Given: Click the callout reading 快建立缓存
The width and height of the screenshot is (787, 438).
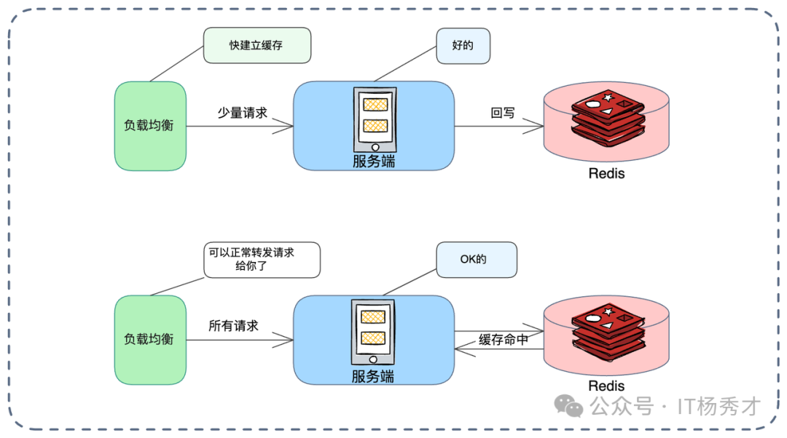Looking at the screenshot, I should pos(257,45).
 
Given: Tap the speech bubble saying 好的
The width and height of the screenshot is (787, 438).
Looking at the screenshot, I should pos(463,45).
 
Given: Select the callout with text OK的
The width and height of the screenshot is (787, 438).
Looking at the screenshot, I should pos(477,260).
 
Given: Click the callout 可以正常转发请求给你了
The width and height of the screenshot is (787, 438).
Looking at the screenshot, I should pos(262,260).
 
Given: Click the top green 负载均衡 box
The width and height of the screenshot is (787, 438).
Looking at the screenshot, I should pos(149,126).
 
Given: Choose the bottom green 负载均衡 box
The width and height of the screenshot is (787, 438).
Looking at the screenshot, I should pos(149,340).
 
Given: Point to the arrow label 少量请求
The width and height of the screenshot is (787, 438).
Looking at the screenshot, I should pos(243,114).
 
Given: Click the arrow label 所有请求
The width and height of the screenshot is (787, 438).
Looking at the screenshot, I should pos(233,326).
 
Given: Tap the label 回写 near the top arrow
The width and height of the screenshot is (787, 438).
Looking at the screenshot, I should pos(503,114).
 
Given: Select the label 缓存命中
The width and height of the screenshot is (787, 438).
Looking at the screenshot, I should pos(504,340).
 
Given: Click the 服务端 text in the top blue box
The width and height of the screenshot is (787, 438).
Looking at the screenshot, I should pos(374,162).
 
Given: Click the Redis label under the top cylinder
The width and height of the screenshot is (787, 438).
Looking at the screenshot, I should pos(606,174).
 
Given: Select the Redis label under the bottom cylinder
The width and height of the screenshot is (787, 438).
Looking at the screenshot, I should pos(606,386).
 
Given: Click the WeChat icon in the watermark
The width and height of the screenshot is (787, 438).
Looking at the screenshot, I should pos(568,406).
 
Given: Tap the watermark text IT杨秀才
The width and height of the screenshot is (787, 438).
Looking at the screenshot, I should pos(719,406).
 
